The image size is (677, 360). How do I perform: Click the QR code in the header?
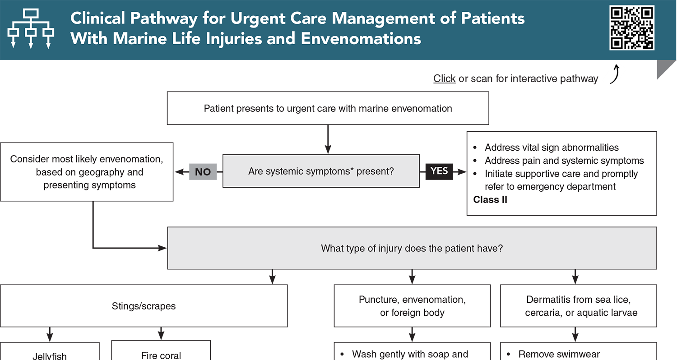click(632, 28)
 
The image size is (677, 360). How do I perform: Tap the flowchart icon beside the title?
click(31, 28)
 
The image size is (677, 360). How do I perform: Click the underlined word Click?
click(445, 78)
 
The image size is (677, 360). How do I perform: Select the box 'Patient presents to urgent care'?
click(328, 108)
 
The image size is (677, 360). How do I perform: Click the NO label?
click(203, 172)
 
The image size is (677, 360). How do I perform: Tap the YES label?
click(439, 171)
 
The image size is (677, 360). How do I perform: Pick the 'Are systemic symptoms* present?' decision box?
click(321, 171)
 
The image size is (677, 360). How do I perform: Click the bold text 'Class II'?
click(490, 200)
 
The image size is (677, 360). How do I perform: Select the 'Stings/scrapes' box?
click(144, 306)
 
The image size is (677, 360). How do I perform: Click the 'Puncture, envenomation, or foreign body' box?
click(412, 306)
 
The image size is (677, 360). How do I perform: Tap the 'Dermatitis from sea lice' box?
click(578, 306)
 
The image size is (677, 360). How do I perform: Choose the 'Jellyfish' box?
click(50, 355)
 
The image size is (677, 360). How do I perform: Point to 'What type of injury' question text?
click(412, 248)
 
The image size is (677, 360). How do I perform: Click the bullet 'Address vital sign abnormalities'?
click(552, 148)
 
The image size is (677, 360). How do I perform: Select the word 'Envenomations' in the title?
click(361, 39)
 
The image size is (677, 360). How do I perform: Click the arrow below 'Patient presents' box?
click(328, 140)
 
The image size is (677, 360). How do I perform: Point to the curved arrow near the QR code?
click(615, 74)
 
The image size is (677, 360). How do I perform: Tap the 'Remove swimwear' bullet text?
click(559, 355)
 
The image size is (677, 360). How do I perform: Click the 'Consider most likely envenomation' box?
click(87, 172)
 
